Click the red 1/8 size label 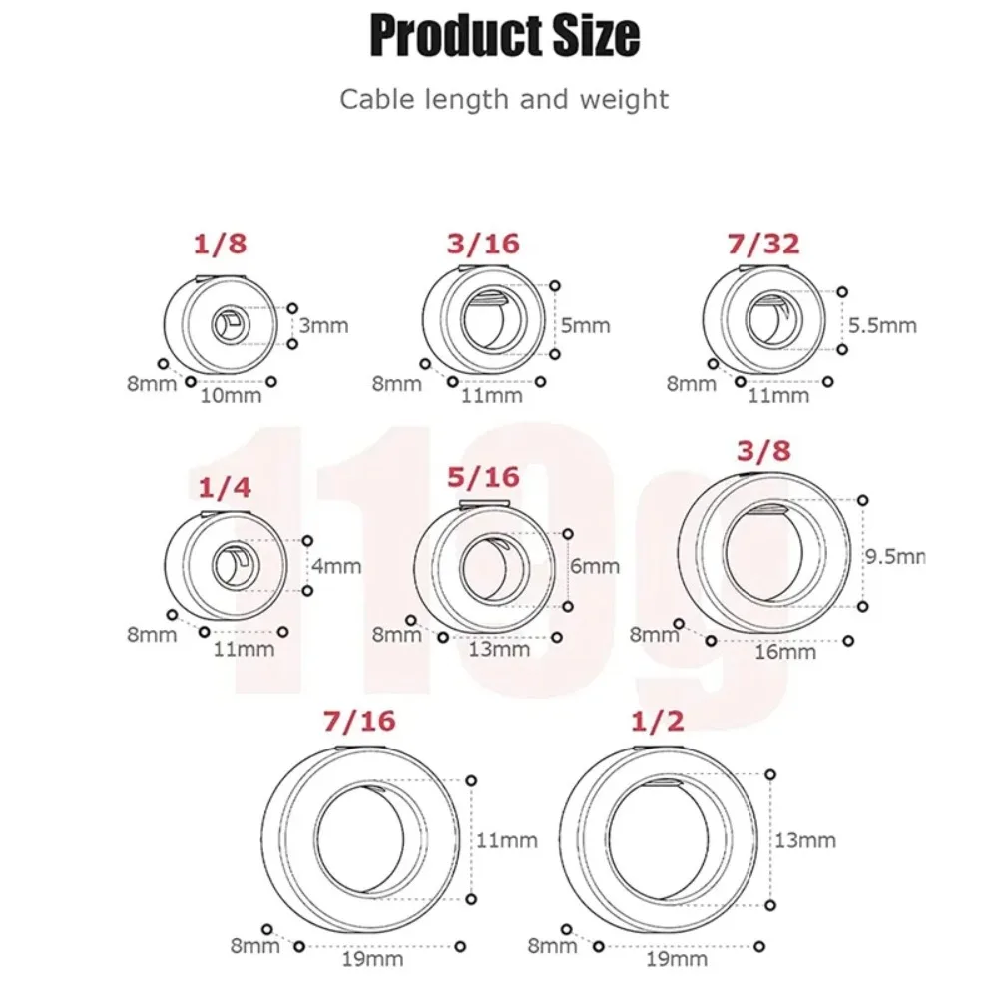tap(220, 244)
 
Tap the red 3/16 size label tap(483, 244)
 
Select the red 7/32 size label tap(763, 244)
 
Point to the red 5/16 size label tap(483, 477)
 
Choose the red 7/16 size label tap(359, 721)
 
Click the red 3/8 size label tap(763, 451)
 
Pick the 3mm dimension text tap(324, 326)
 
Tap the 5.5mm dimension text tap(883, 326)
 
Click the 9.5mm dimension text tap(895, 556)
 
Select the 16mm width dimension tap(785, 652)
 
